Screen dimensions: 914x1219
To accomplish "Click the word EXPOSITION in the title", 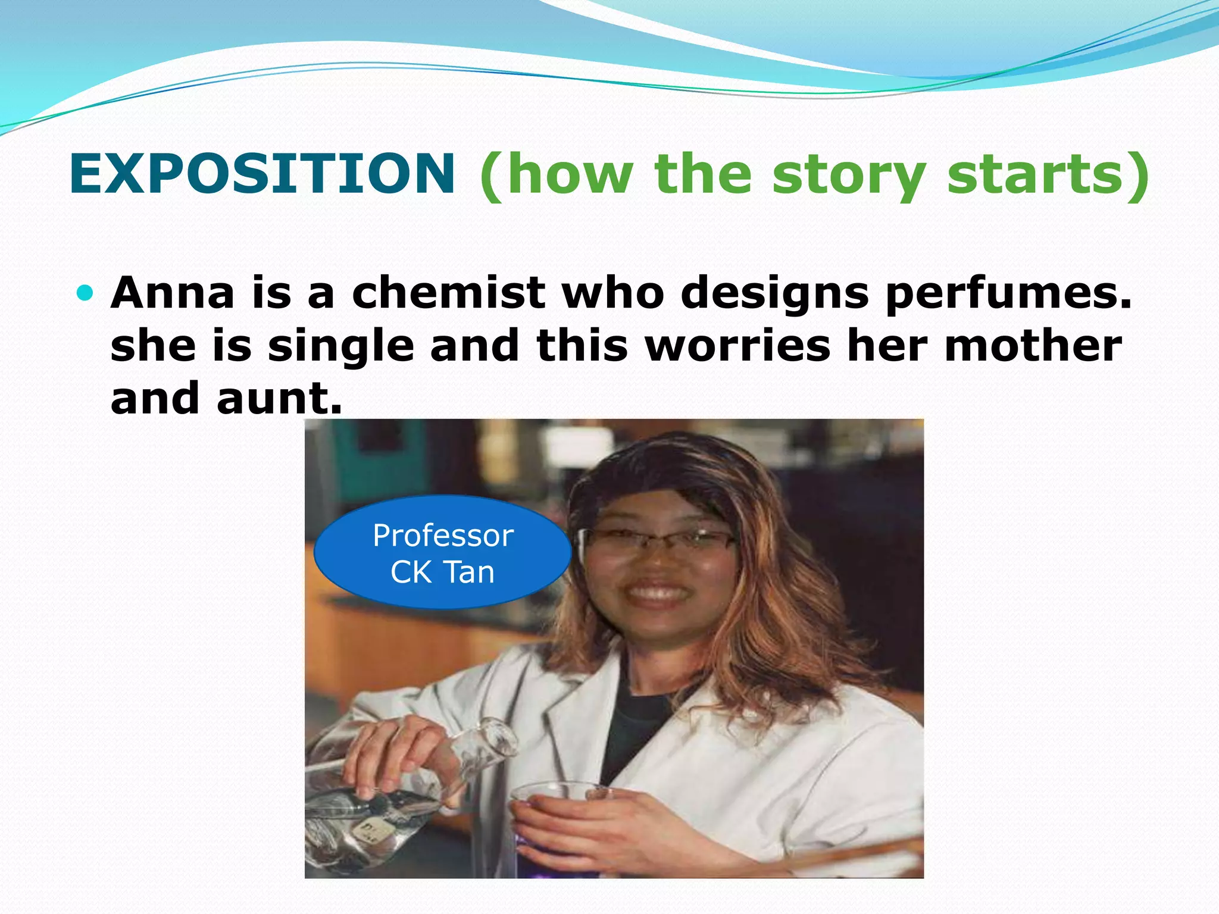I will (x=262, y=174).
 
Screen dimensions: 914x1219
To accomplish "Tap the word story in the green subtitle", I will (x=848, y=174).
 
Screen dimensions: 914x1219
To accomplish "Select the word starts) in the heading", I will (x=1048, y=174).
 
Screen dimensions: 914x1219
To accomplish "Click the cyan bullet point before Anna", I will (x=86, y=293).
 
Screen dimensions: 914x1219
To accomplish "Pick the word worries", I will (x=737, y=346).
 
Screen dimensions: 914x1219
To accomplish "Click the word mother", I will (x=1033, y=346).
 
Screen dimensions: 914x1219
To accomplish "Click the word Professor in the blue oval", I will (x=443, y=536).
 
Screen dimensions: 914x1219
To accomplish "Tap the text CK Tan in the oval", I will (x=442, y=572).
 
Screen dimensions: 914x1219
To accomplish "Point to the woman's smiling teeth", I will (x=655, y=592).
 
